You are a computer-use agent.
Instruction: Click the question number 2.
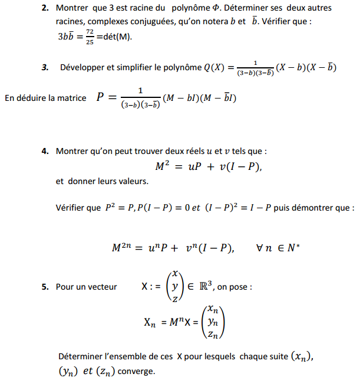tap(45, 8)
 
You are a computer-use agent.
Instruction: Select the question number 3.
tap(45, 67)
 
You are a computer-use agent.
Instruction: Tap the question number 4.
tap(45, 152)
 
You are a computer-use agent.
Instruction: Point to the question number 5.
tap(45, 287)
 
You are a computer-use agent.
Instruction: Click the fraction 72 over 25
tap(90, 37)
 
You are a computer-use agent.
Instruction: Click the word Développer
tap(82, 67)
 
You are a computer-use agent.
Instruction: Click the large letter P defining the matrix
tap(101, 98)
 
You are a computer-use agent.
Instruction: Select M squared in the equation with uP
tap(163, 167)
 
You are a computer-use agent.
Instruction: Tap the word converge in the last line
tap(136, 372)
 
